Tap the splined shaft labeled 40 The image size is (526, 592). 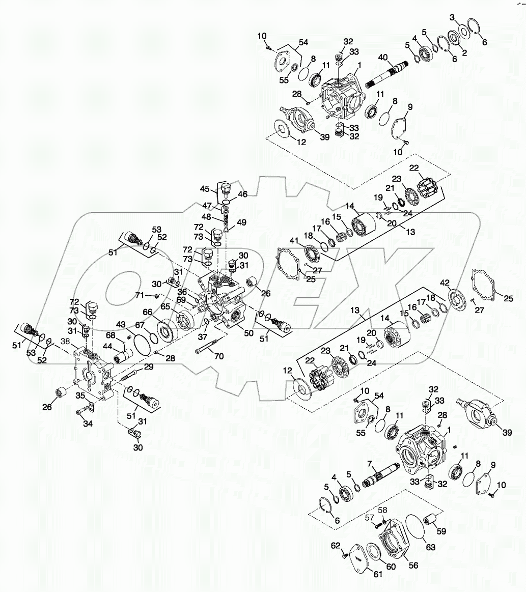(x=390, y=74)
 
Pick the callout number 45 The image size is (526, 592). (x=205, y=189)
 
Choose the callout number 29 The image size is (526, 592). (x=148, y=367)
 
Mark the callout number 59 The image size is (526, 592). (x=441, y=531)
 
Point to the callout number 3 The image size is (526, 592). (x=452, y=18)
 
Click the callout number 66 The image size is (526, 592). (x=147, y=312)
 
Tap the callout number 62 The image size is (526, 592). (x=335, y=546)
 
